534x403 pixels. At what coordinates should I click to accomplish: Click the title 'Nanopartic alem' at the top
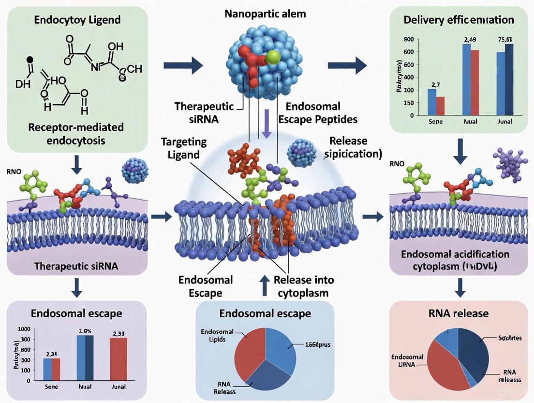265,13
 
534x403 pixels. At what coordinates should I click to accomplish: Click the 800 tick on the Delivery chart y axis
408,39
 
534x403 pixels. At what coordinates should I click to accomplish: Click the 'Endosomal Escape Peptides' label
313,113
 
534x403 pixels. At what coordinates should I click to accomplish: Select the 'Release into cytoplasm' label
303,286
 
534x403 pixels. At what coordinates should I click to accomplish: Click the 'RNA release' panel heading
459,313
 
